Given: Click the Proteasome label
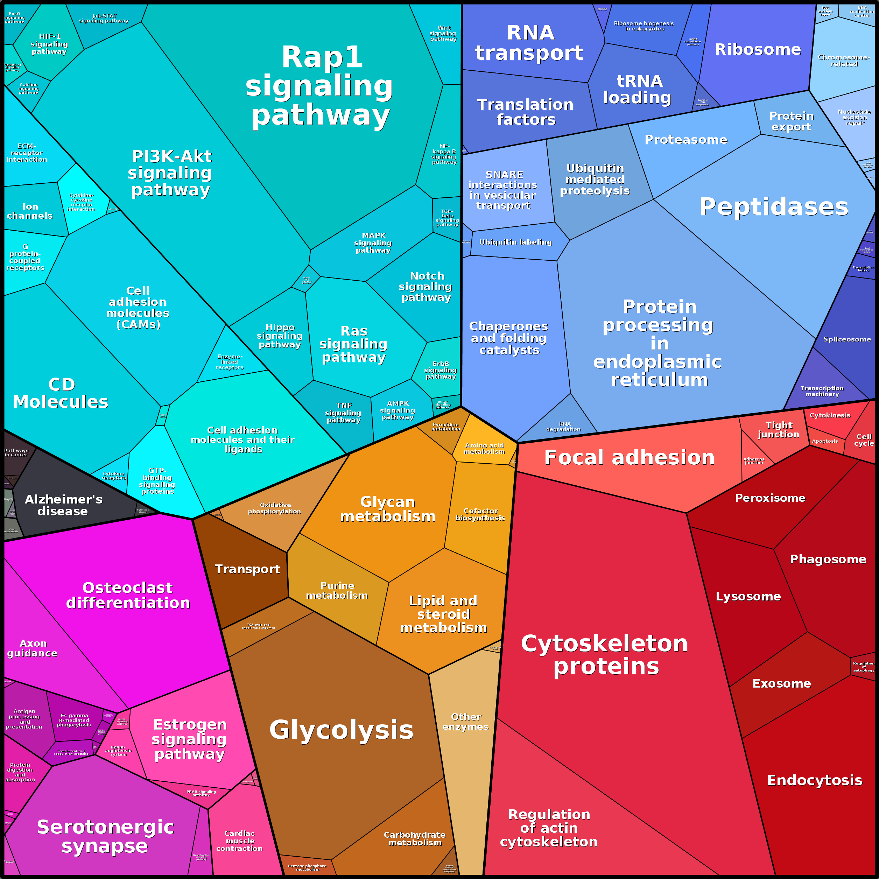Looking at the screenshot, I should (685, 140).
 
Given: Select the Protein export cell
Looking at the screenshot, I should (792, 121).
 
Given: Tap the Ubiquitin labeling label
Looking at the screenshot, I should (515, 242).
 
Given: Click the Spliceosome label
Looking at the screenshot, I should (847, 339).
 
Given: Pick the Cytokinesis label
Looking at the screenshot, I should (830, 415).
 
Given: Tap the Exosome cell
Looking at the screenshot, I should (781, 683).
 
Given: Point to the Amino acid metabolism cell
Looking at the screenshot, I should (484, 448).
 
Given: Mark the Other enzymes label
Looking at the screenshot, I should (465, 722).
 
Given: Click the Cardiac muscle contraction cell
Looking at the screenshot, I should (239, 841).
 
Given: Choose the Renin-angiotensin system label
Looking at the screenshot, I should (118, 751).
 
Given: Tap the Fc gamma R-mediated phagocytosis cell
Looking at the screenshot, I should (74, 720).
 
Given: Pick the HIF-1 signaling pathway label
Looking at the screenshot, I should (49, 44).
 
